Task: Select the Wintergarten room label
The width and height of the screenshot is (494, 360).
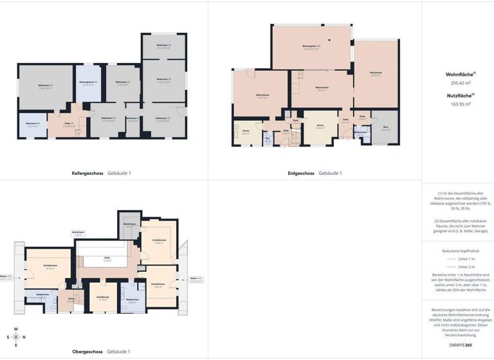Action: click(x=311, y=46)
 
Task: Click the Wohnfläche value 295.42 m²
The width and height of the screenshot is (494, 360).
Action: click(x=457, y=83)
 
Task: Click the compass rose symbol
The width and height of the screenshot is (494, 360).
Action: click(x=16, y=336)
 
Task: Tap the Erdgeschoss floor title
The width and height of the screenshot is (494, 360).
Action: click(x=301, y=173)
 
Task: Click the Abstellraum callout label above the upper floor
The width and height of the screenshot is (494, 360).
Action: click(x=78, y=235)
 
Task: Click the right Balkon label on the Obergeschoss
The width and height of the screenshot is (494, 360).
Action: click(x=196, y=279)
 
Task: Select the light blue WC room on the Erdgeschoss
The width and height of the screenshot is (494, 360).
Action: click(x=267, y=138)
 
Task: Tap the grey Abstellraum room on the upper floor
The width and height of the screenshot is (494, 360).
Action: click(x=129, y=225)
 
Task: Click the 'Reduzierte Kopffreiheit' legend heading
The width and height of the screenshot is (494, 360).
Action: click(x=457, y=250)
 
